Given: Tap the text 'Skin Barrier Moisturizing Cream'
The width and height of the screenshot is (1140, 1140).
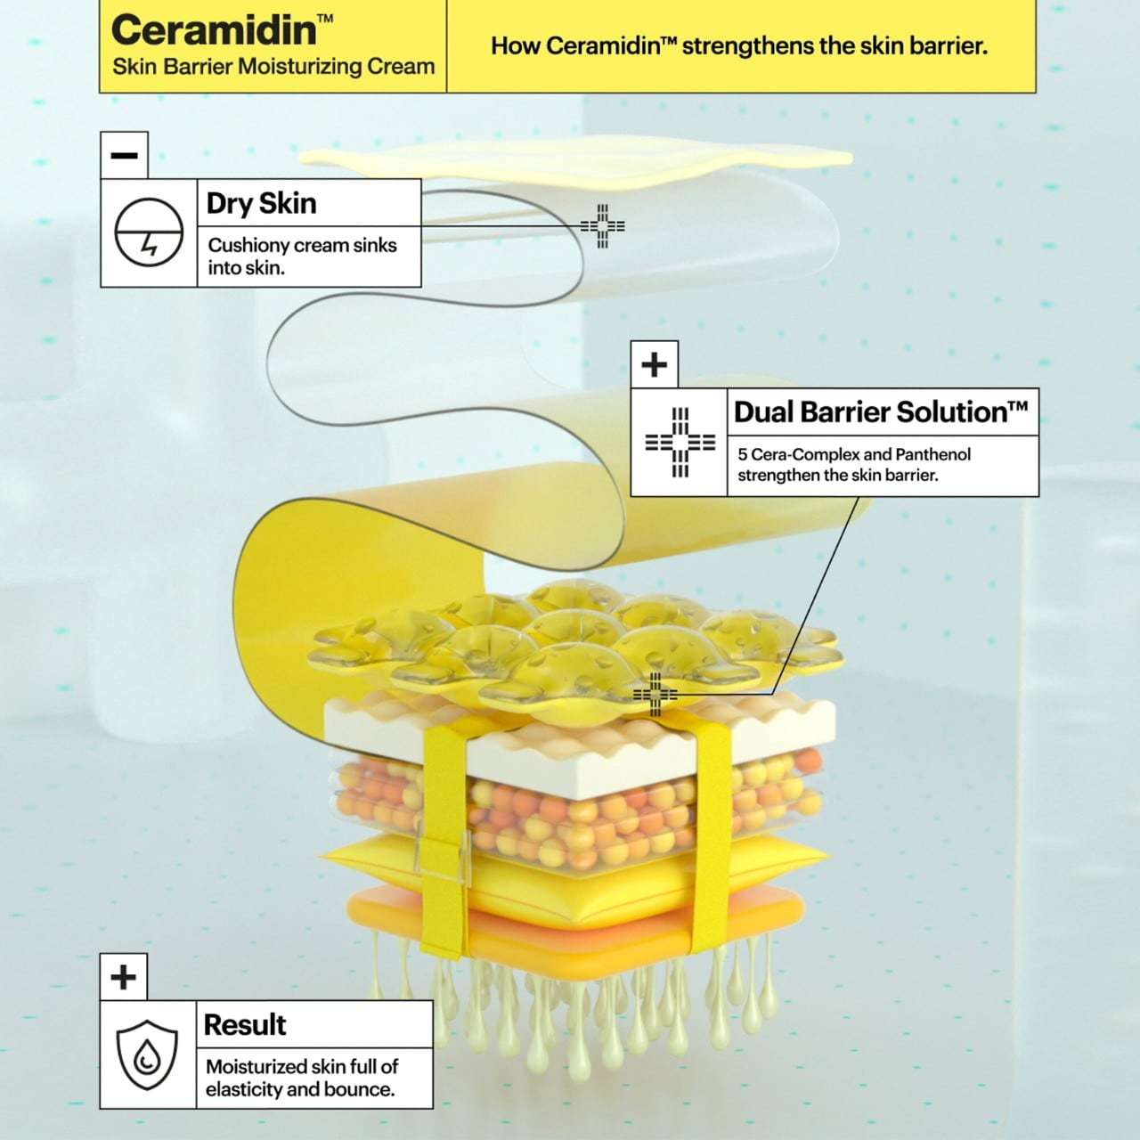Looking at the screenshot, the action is pyautogui.click(x=273, y=67).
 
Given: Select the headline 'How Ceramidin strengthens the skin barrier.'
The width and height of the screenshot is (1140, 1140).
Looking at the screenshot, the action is pyautogui.click(x=739, y=46).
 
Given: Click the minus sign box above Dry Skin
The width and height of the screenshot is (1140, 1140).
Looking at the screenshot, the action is pyautogui.click(x=124, y=155).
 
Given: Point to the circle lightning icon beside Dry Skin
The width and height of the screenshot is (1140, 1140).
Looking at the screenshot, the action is pyautogui.click(x=149, y=232).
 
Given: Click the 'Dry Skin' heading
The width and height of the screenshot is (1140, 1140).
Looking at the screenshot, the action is pyautogui.click(x=262, y=204).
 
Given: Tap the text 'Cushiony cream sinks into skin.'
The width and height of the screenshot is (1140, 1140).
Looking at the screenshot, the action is pyautogui.click(x=302, y=256).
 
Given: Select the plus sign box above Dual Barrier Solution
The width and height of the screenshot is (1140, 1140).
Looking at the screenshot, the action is pyautogui.click(x=655, y=364).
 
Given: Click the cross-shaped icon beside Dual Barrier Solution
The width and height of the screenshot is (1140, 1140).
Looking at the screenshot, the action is pyautogui.click(x=680, y=442).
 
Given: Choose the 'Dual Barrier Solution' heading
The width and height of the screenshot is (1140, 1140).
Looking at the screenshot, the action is pyautogui.click(x=881, y=411).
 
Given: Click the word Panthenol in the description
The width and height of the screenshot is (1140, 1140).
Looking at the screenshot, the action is pyautogui.click(x=933, y=454).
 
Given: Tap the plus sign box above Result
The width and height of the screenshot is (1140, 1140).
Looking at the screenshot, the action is pyautogui.click(x=124, y=977).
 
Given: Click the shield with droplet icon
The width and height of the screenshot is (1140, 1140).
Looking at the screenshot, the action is pyautogui.click(x=147, y=1054).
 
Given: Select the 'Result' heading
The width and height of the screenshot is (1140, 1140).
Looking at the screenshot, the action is pyautogui.click(x=245, y=1024).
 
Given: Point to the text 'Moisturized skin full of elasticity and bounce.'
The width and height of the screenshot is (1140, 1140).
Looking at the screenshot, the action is pyautogui.click(x=302, y=1078).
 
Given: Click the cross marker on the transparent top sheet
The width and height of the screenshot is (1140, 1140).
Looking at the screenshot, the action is pyautogui.click(x=602, y=226).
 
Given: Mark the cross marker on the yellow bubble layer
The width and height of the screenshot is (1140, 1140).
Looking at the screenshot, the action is pyautogui.click(x=655, y=694).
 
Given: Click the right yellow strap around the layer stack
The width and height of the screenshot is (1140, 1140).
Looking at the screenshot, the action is pyautogui.click(x=713, y=828).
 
